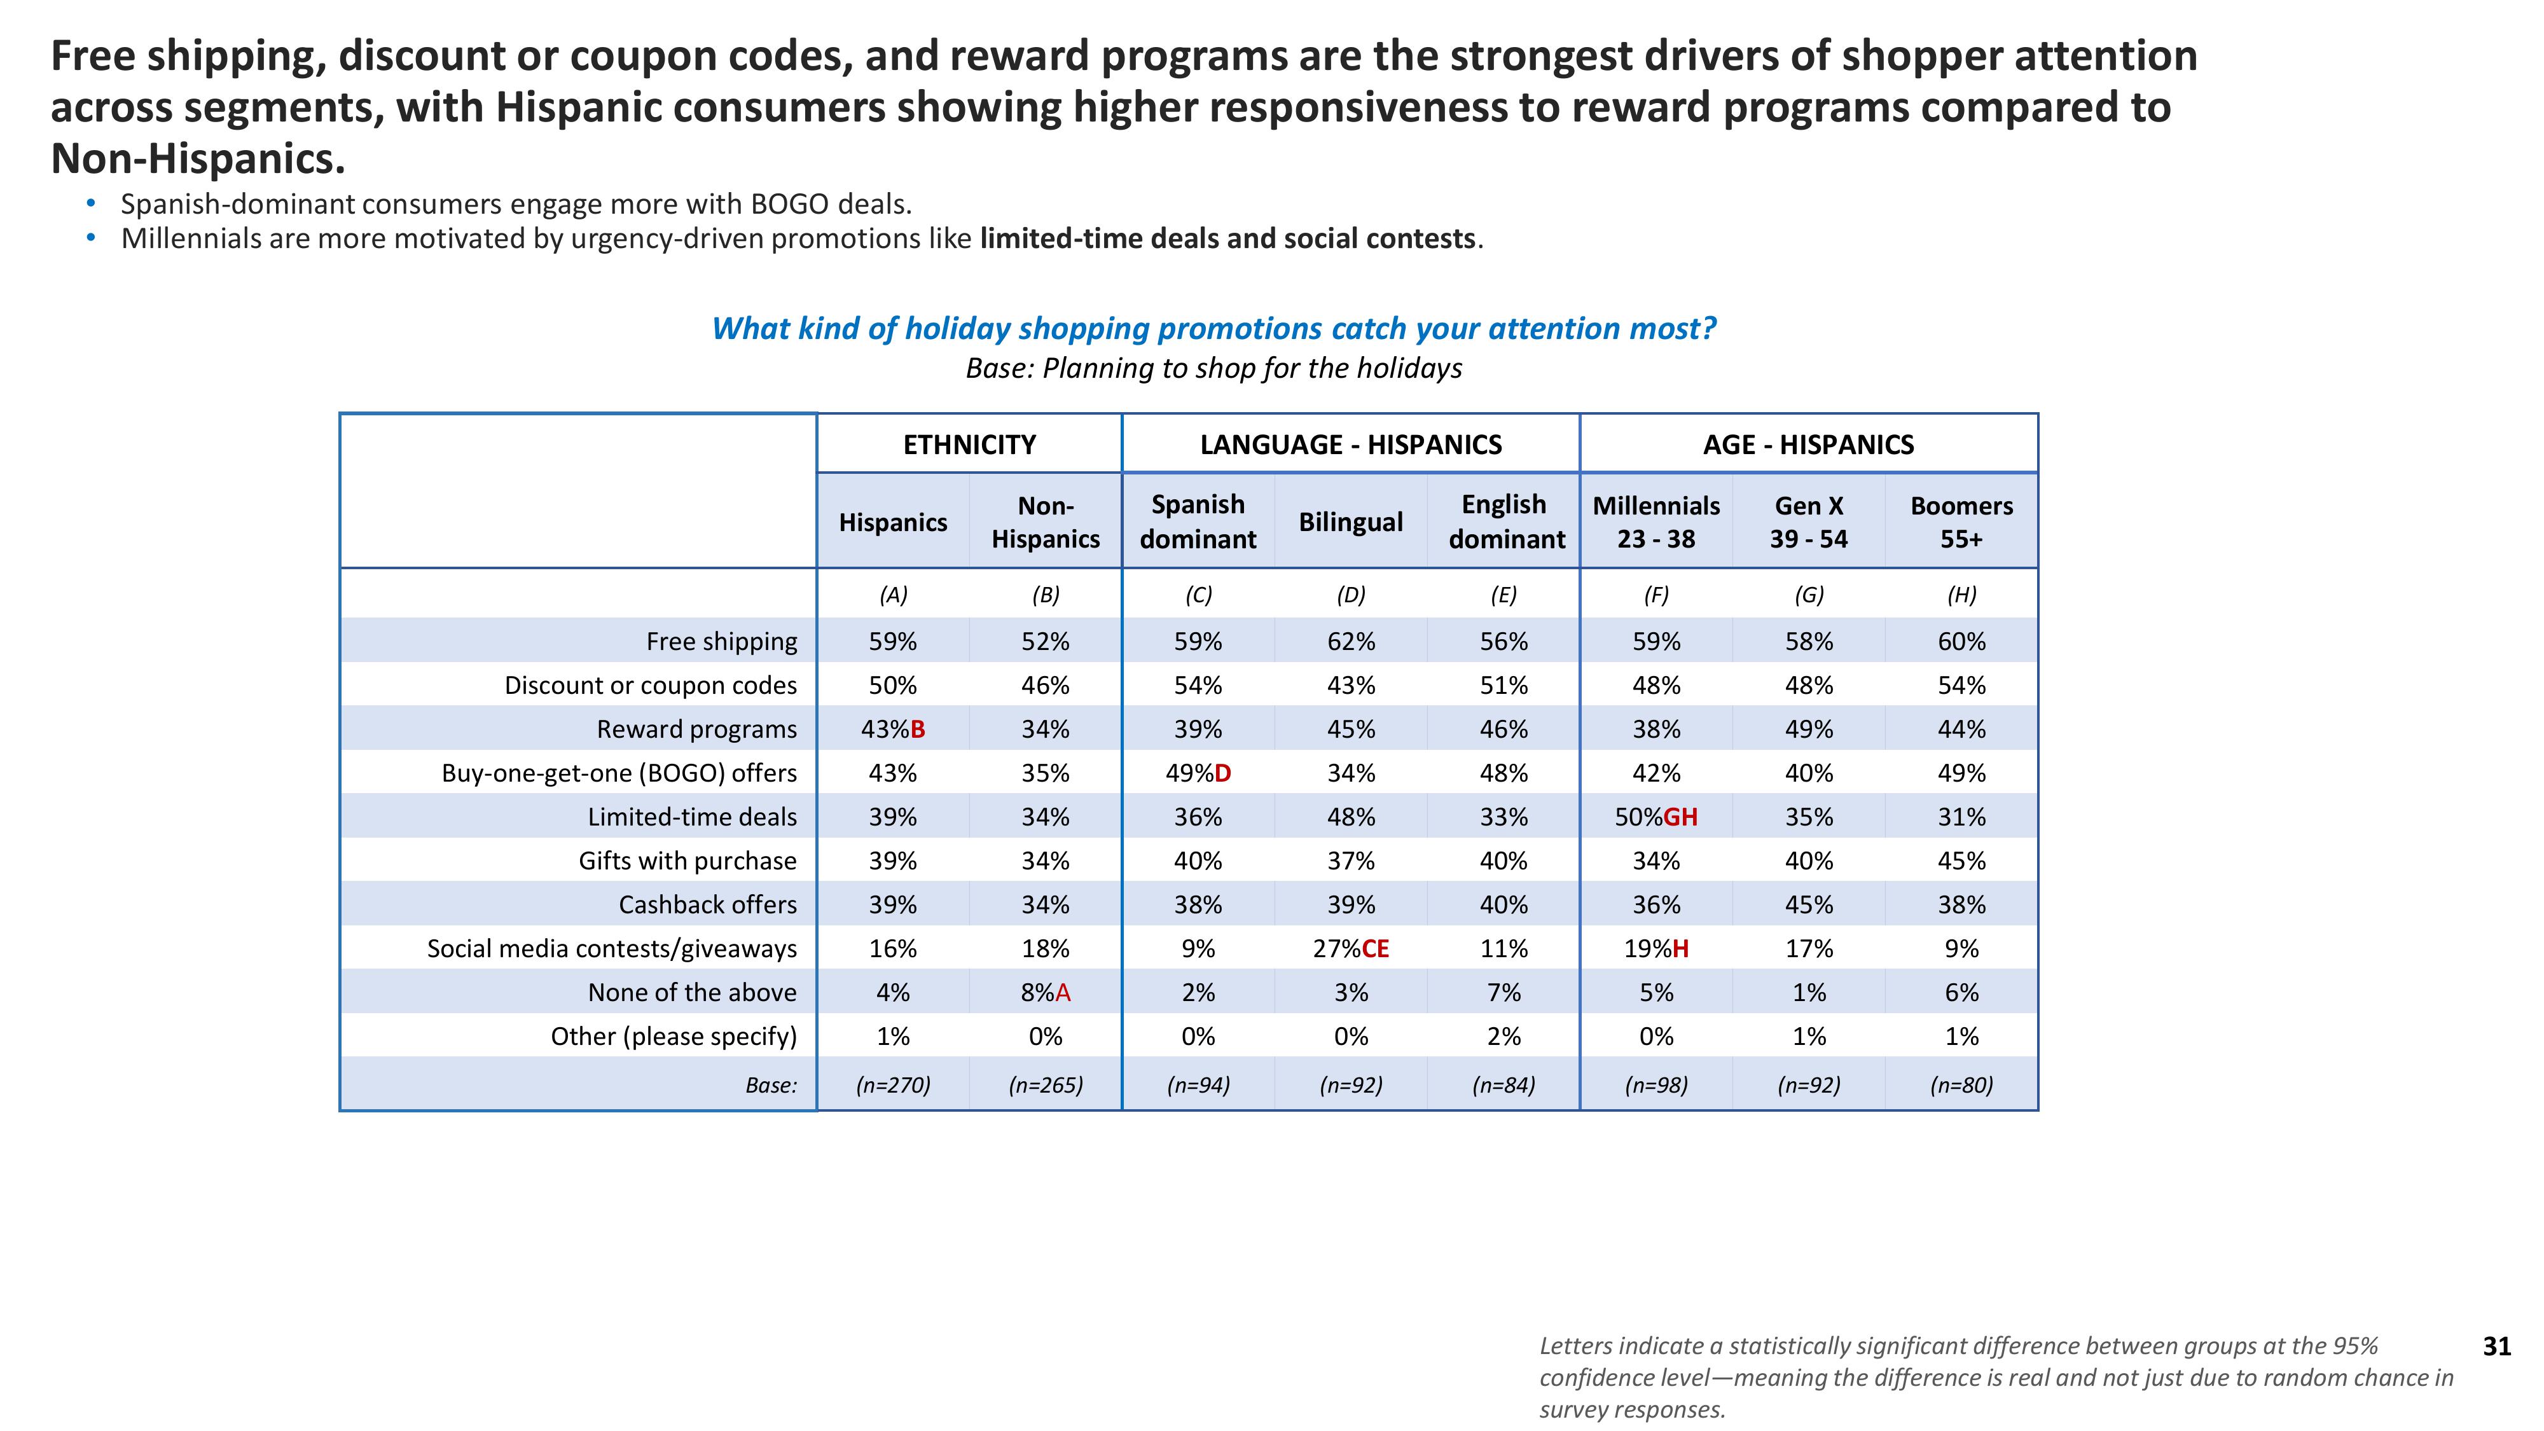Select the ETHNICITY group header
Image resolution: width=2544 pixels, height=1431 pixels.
click(x=969, y=445)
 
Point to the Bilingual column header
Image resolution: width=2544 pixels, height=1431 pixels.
click(x=1350, y=522)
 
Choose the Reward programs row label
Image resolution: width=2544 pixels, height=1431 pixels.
click(x=696, y=729)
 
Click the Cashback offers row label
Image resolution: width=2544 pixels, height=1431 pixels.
click(x=707, y=904)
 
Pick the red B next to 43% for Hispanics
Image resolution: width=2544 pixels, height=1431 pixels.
click(x=918, y=729)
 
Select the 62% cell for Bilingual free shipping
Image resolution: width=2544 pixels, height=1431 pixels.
click(x=1350, y=642)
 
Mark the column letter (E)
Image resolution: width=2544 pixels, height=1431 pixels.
click(x=1503, y=595)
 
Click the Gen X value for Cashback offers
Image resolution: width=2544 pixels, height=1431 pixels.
click(x=1808, y=904)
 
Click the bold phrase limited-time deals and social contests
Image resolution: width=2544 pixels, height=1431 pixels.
click(x=1227, y=239)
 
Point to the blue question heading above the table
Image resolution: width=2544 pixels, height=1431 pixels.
click(x=1213, y=329)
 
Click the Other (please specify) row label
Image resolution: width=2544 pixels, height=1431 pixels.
click(x=674, y=1037)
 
